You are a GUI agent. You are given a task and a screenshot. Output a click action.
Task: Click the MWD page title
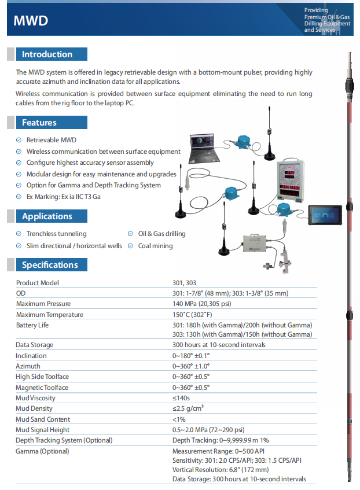point(31,21)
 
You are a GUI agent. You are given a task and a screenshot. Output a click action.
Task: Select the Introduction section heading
point(47,54)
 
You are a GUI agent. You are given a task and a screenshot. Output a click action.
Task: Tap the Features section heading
point(39,123)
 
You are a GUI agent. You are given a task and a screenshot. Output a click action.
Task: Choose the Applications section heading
point(47,216)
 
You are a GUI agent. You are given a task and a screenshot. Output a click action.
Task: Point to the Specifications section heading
point(50,265)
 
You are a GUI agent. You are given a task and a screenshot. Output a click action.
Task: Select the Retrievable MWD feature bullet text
point(52,140)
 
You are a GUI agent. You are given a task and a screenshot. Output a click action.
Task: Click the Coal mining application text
point(155,245)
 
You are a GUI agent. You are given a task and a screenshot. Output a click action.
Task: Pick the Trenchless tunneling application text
point(56,234)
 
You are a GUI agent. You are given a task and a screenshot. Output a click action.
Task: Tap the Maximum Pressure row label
point(43,304)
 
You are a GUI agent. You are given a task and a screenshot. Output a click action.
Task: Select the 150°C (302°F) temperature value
point(193,315)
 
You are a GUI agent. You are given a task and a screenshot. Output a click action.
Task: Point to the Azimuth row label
point(28,366)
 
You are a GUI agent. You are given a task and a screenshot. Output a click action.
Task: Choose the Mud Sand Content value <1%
point(179,419)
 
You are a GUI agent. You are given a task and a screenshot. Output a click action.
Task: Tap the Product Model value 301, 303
point(184,283)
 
